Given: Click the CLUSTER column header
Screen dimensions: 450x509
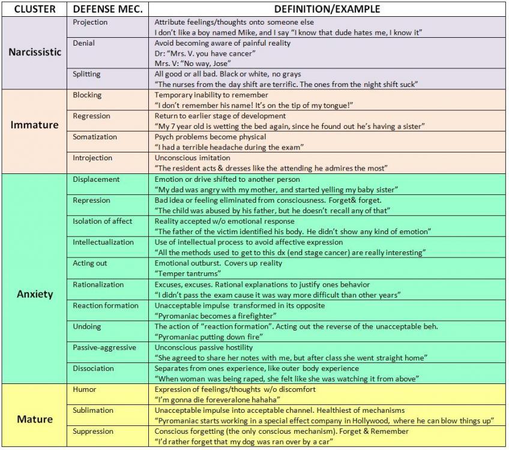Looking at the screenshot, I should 35,10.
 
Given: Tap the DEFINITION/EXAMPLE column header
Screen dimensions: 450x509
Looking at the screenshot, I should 327,10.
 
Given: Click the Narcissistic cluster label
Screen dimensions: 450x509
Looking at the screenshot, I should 35,52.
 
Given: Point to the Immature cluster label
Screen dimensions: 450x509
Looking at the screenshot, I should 35,125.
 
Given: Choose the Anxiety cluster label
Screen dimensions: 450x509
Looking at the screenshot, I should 35,294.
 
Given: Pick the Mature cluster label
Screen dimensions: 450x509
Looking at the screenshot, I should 35,419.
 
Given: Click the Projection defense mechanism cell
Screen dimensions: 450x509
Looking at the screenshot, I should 90,22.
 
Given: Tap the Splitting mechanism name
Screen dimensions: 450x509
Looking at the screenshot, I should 86,74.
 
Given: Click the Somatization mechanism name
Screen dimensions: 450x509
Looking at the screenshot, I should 95,137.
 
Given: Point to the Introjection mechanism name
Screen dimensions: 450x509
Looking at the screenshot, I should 92,158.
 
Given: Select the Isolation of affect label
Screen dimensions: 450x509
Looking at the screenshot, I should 103,221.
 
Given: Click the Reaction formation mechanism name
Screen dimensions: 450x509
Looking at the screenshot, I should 106,305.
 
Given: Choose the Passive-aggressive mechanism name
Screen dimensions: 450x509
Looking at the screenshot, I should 104,347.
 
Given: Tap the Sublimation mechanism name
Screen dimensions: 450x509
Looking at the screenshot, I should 93,410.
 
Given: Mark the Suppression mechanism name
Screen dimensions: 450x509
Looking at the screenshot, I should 93,431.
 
